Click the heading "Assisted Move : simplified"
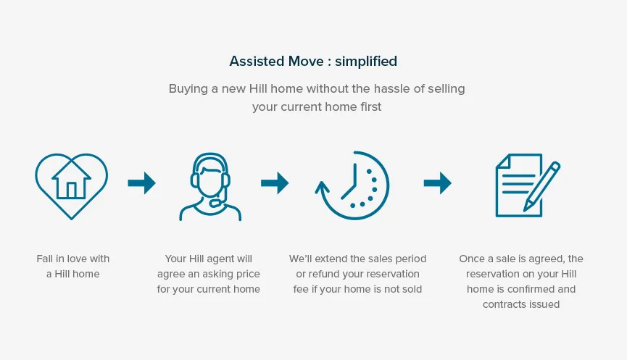click(x=313, y=61)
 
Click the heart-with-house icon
click(x=72, y=185)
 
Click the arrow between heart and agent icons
click(x=141, y=183)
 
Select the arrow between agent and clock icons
click(x=275, y=183)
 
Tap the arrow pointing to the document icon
click(x=437, y=183)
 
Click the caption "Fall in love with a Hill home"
click(x=72, y=267)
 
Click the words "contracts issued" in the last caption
click(x=521, y=304)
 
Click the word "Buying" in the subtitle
click(x=188, y=89)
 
